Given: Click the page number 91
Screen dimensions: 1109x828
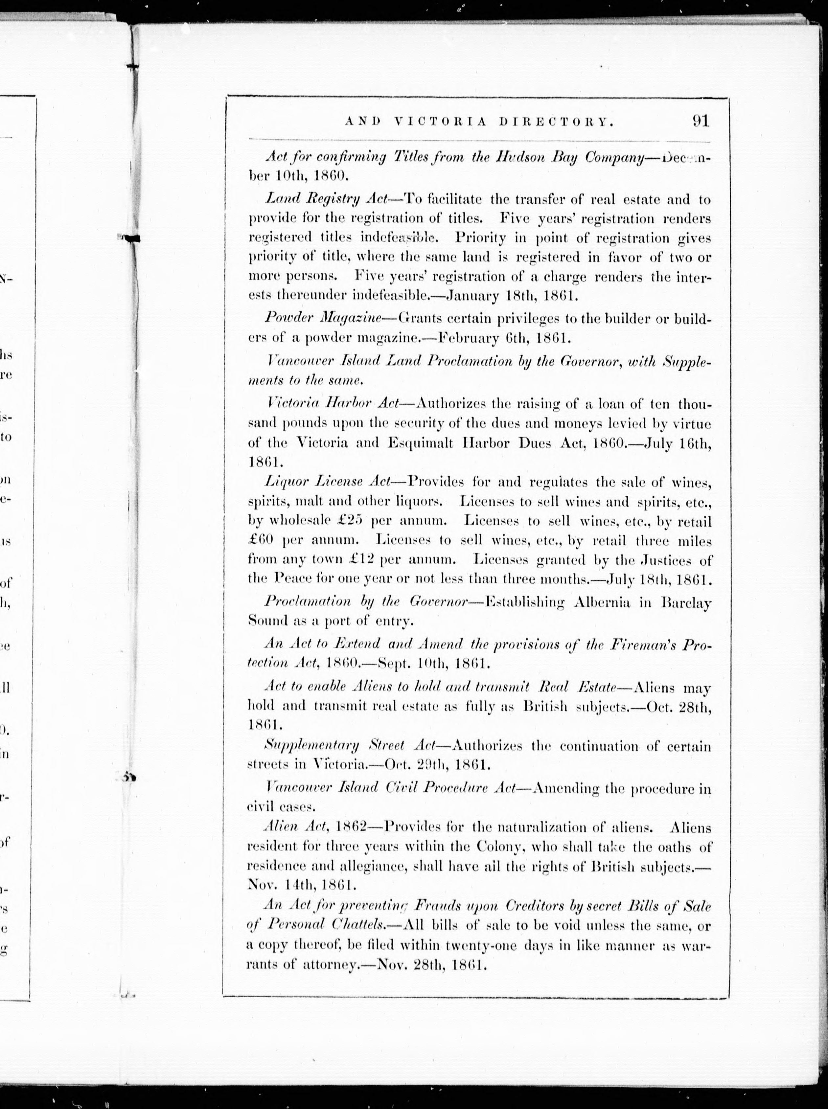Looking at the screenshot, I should pyautogui.click(x=700, y=121).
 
